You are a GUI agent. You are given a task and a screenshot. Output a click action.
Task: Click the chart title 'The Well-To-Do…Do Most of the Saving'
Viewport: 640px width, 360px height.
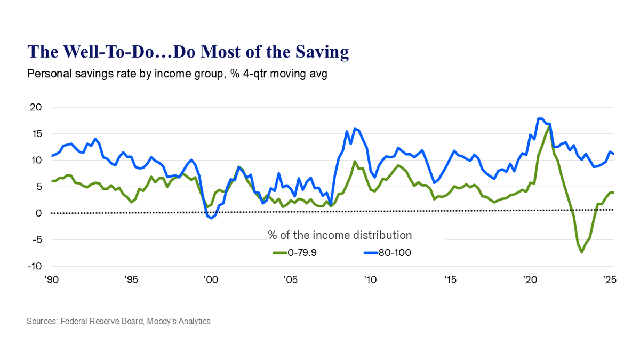[188, 52]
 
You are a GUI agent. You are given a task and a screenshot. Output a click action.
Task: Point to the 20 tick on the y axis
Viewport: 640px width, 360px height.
[36, 107]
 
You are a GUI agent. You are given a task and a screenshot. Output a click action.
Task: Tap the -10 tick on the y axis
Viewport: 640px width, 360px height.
[34, 266]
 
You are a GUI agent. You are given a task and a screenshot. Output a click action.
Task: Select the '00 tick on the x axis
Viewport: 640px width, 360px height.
[210, 279]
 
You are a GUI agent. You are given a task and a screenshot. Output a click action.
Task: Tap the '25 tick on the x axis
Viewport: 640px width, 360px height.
[607, 279]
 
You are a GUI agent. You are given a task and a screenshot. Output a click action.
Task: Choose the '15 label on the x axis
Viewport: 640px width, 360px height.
[449, 279]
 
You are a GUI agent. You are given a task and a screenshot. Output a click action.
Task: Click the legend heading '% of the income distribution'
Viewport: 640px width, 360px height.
[339, 235]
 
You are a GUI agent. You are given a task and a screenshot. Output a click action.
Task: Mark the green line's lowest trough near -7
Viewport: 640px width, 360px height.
[581, 252]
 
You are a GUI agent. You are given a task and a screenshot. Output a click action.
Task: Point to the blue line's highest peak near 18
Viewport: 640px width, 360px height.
[540, 118]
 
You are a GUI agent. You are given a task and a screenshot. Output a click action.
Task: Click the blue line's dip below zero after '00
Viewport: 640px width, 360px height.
[211, 218]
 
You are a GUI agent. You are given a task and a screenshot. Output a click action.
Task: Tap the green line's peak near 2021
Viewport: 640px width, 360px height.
[549, 127]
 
